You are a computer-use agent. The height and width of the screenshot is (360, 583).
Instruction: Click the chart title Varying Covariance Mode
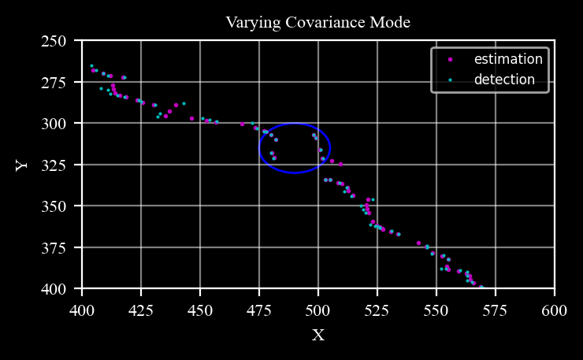(317, 22)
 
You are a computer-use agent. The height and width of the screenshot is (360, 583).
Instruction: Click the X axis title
(318, 336)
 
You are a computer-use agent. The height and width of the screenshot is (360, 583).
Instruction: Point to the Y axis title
(21, 165)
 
